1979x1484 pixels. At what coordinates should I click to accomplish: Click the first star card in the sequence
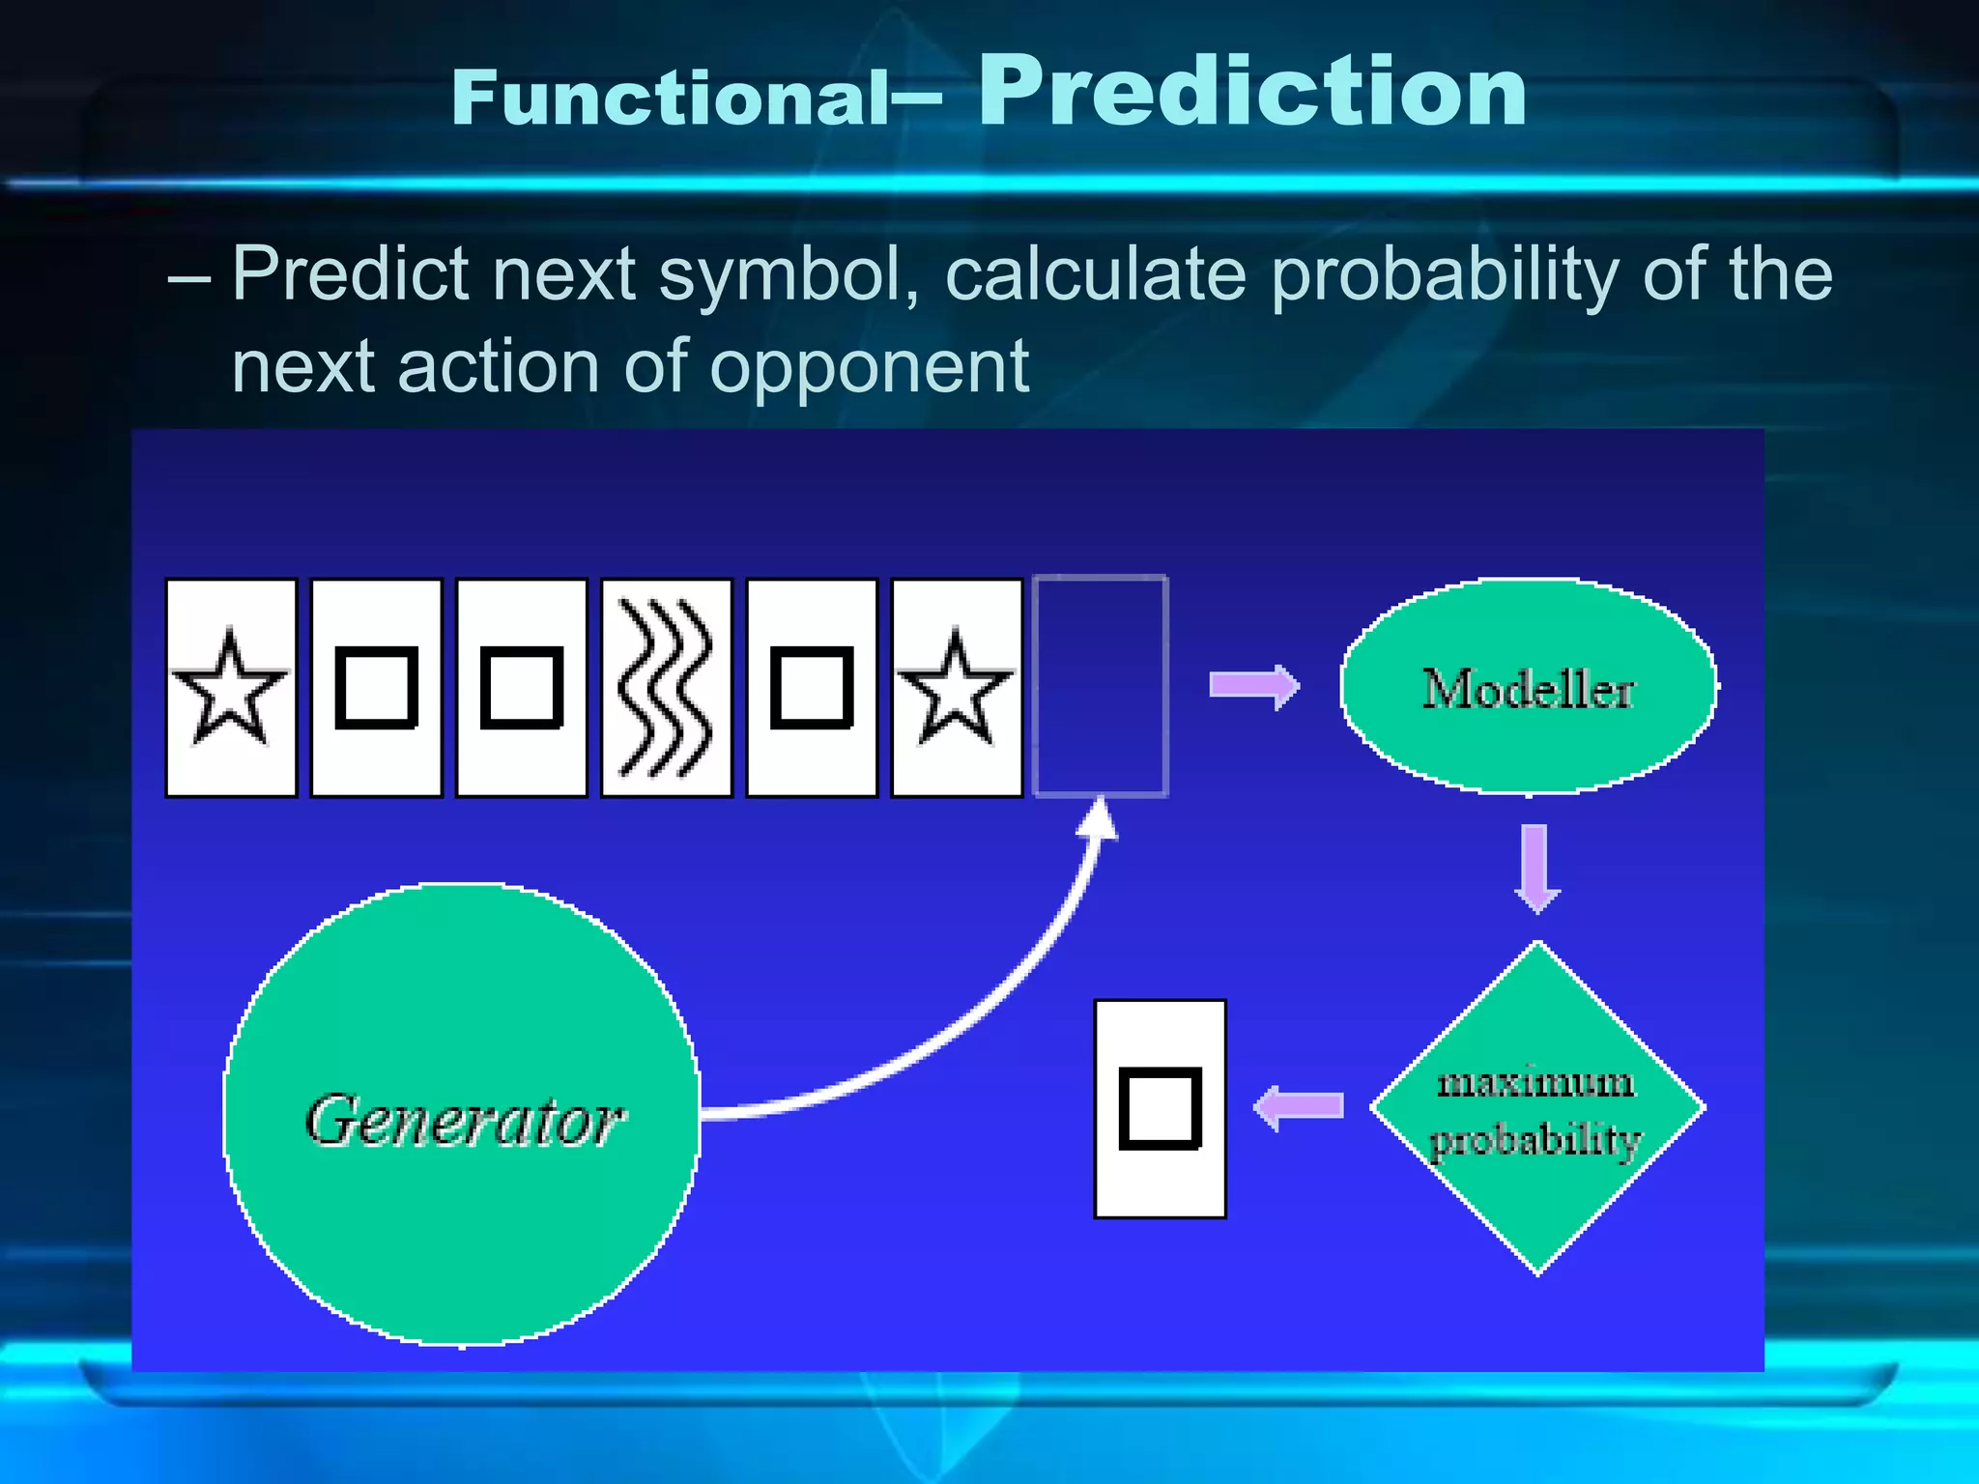point(231,688)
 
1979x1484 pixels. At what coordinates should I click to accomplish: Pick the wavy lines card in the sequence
point(666,688)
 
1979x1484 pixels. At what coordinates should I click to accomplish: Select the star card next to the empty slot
point(956,688)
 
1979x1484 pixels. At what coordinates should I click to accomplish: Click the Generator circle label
point(464,1121)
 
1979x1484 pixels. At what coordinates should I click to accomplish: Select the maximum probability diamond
point(1536,1109)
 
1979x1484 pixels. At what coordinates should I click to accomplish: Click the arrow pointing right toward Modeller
point(1254,686)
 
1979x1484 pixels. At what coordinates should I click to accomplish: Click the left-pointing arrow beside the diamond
point(1298,1106)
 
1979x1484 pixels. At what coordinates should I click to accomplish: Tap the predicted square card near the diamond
point(1160,1109)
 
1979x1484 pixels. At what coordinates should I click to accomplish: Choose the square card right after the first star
point(376,688)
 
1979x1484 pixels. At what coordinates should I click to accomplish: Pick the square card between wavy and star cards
point(811,688)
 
